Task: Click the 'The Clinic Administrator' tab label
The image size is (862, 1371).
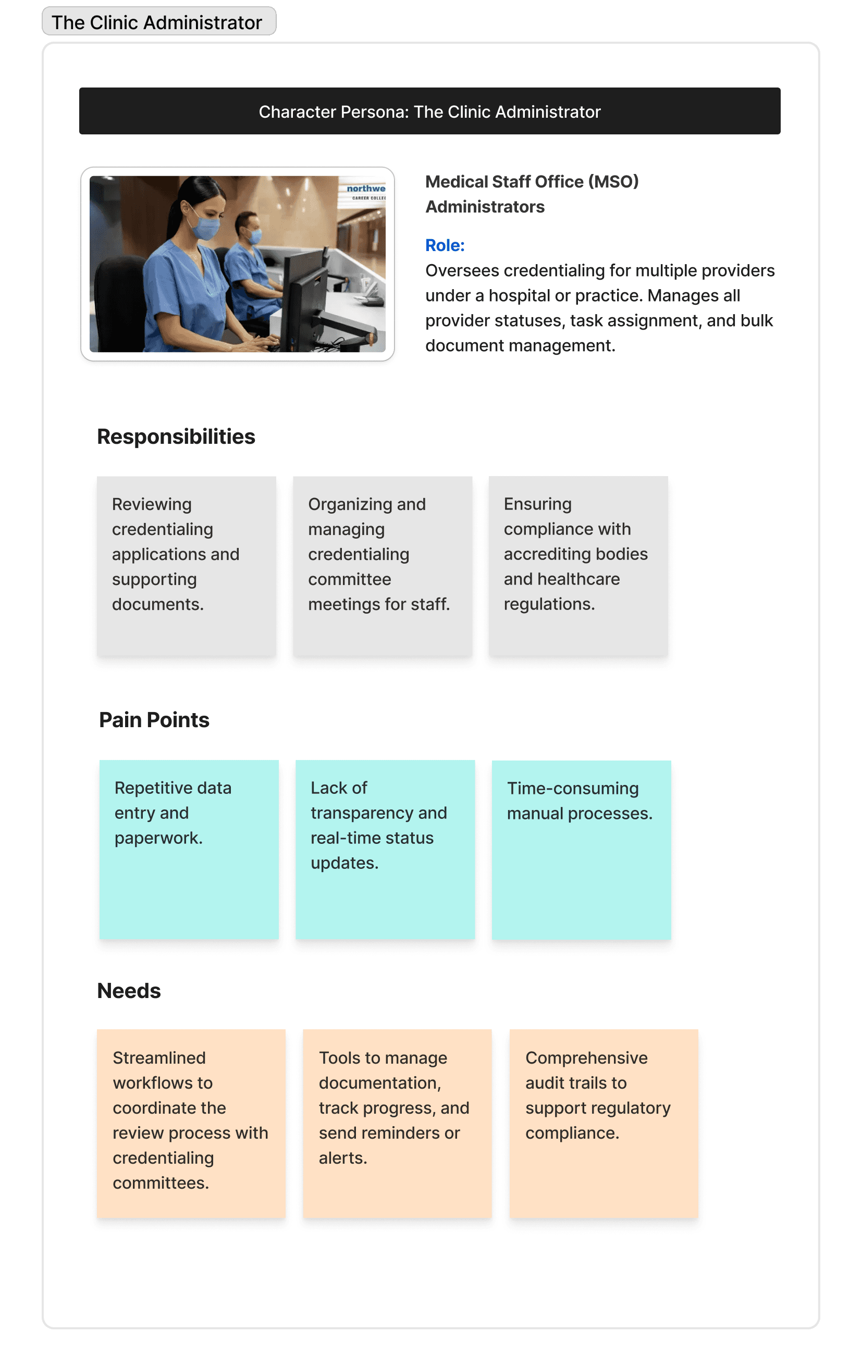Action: [157, 22]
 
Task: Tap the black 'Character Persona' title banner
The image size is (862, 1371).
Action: [429, 111]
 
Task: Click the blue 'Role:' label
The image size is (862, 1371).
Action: [445, 245]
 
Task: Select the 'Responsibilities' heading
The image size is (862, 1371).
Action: [176, 437]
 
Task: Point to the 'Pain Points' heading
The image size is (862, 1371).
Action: [154, 720]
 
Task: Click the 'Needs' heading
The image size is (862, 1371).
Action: [129, 991]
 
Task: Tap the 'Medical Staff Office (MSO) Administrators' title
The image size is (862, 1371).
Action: [532, 194]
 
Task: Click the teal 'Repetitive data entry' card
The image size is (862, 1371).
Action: [189, 849]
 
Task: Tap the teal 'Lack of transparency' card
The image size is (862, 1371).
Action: [385, 849]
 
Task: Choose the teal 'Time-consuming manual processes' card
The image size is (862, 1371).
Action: [581, 849]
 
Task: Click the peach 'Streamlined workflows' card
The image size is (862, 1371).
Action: [191, 1124]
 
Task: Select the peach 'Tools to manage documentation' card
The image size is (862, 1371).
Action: [397, 1124]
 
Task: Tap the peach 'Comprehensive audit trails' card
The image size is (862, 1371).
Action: [604, 1124]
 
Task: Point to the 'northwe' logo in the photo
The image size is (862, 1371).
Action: [366, 189]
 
